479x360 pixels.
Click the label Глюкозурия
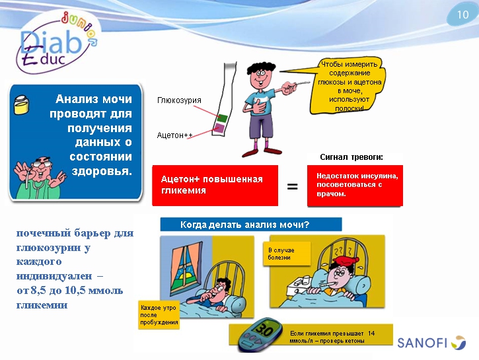tap(179, 100)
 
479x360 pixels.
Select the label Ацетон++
tap(174, 135)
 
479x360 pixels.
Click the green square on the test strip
tap(222, 118)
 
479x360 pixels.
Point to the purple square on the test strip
tap(219, 129)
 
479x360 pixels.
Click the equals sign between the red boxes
tap(292, 187)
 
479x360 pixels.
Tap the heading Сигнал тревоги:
tap(351, 157)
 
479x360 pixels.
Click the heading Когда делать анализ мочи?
tap(244, 225)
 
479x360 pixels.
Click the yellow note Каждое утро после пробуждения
tap(159, 314)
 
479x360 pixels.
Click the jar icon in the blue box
tap(20, 101)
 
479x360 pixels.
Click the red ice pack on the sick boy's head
tap(342, 257)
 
